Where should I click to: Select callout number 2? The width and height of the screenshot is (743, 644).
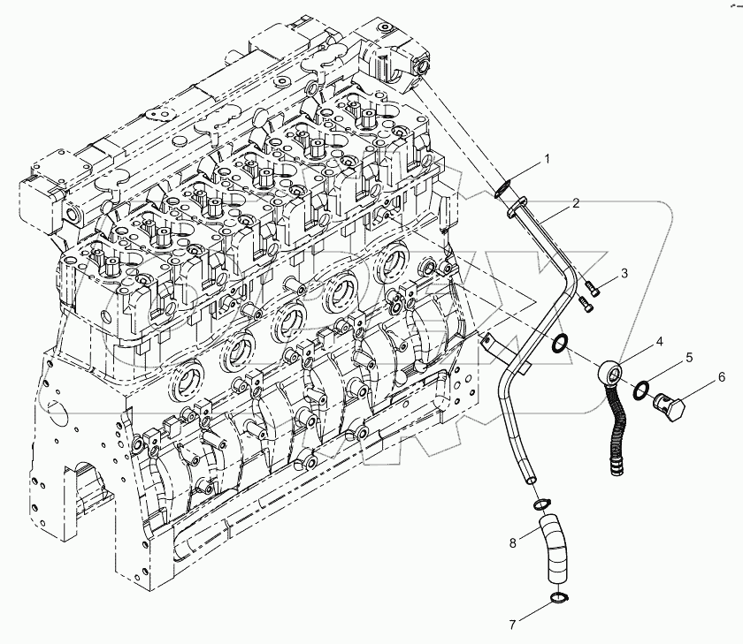click(576, 203)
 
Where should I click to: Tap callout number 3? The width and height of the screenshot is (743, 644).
click(624, 274)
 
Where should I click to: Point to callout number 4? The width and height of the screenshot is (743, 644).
click(659, 340)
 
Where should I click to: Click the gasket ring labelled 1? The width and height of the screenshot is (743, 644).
click(504, 187)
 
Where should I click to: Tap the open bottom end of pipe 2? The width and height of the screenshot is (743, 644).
click(529, 477)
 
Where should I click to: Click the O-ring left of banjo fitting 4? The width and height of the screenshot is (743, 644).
click(559, 343)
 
